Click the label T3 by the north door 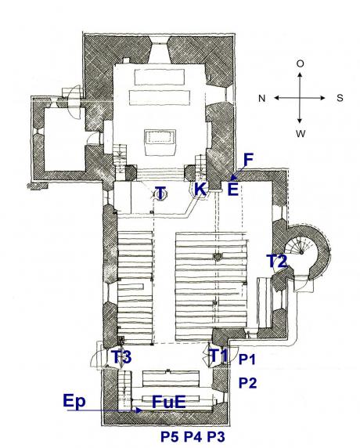[x=121, y=356]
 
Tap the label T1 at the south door [x=218, y=355]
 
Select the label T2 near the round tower [x=276, y=261]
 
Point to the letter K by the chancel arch [x=200, y=189]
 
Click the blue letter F [x=248, y=160]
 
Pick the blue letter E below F [x=233, y=189]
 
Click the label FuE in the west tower [x=169, y=402]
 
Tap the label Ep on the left [x=74, y=401]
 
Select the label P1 [x=247, y=359]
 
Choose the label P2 [x=247, y=382]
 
